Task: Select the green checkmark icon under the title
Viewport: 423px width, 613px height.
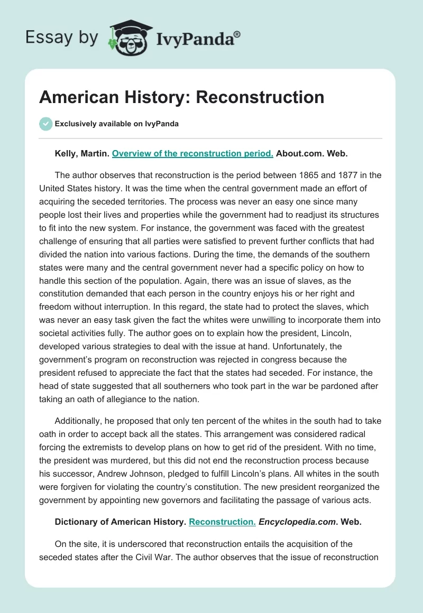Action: pos(45,124)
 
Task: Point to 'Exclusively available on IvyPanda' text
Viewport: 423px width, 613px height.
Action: pos(116,124)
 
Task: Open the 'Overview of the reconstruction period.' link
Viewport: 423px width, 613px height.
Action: pos(192,154)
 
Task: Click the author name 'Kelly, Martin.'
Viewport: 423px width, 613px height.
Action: pos(82,154)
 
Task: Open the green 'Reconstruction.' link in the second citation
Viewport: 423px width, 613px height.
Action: pos(222,522)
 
